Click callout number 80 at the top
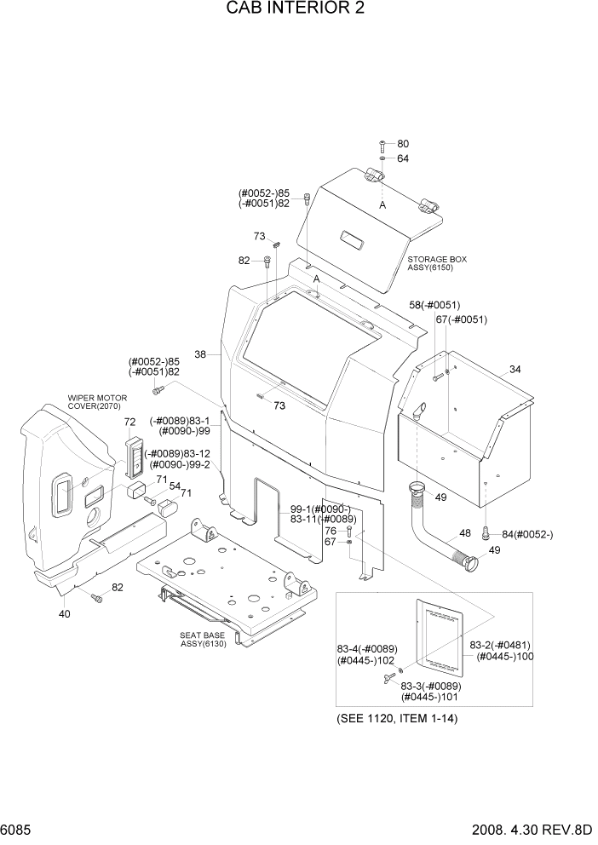(403, 143)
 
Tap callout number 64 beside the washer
(403, 158)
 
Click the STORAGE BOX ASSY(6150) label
(437, 262)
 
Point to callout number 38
(200, 354)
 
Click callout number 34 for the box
(515, 369)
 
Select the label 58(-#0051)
(434, 304)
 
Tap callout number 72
(129, 422)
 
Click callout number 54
(175, 486)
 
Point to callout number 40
(64, 613)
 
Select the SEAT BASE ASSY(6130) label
(203, 639)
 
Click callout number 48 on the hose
(465, 533)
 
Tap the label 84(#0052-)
(527, 534)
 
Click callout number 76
(330, 530)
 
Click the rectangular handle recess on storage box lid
(353, 239)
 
